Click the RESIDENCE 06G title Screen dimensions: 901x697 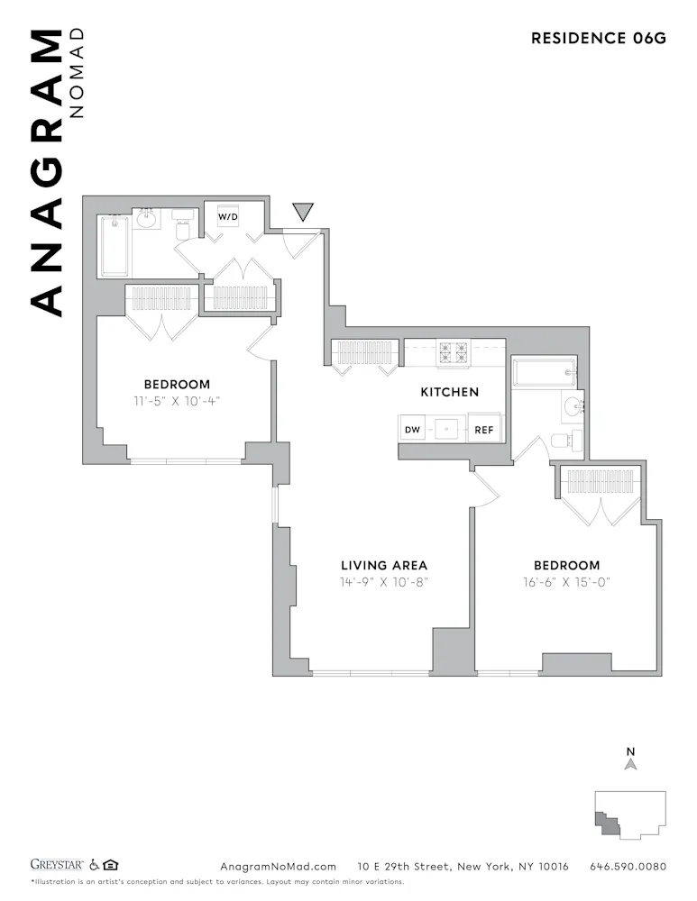pyautogui.click(x=599, y=38)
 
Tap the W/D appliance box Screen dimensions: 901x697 pyautogui.click(x=227, y=217)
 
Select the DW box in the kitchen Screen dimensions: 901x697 pyautogui.click(x=412, y=430)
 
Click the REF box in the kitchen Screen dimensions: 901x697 pyautogui.click(x=484, y=430)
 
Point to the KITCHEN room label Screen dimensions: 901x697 pyautogui.click(x=449, y=392)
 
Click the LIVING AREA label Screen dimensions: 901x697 pyautogui.click(x=378, y=565)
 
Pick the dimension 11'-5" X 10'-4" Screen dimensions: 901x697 pyautogui.click(x=177, y=400)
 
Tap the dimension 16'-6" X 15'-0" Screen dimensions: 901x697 pyautogui.click(x=565, y=582)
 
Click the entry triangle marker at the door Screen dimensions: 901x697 pyautogui.click(x=304, y=212)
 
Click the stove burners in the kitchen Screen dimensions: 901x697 pyautogui.click(x=453, y=352)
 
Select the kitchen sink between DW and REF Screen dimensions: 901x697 pyautogui.click(x=447, y=430)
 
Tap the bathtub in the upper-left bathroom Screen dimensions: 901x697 pyautogui.click(x=115, y=246)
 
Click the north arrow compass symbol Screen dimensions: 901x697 pyautogui.click(x=631, y=763)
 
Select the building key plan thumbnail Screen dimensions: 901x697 pyautogui.click(x=629, y=815)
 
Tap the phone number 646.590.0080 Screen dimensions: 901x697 pyautogui.click(x=628, y=867)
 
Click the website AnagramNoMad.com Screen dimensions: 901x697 pyautogui.click(x=278, y=867)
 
